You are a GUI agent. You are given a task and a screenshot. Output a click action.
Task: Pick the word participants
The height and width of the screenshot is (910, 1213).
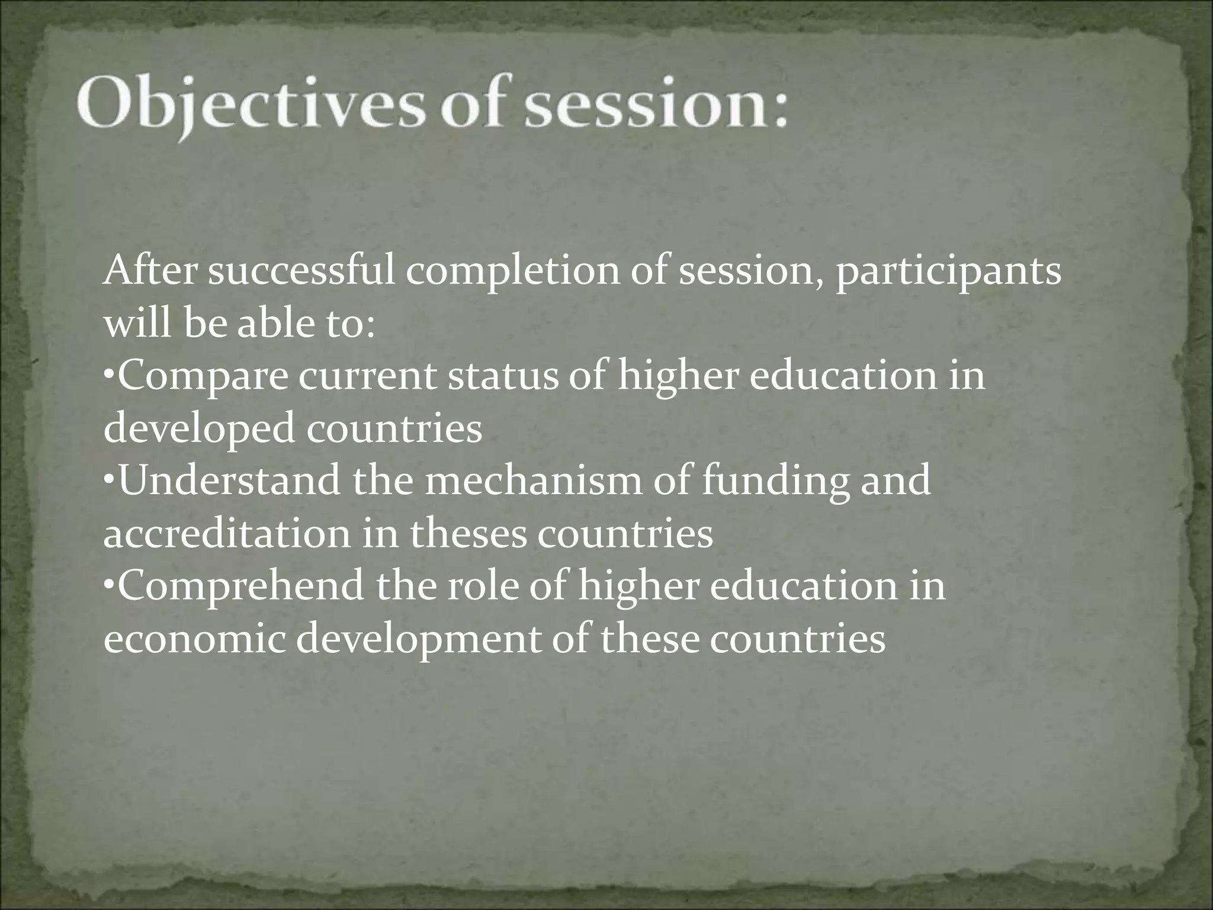pos(948,274)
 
